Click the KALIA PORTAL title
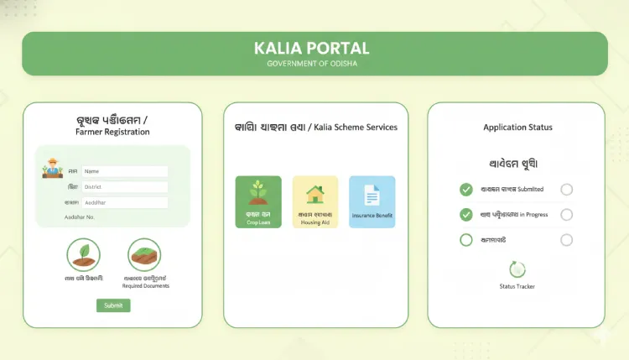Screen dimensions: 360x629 (314, 48)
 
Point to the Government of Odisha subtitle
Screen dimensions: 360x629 (314, 64)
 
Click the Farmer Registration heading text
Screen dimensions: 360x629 (112, 132)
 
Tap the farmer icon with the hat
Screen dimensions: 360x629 (52, 168)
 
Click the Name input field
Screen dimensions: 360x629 (125, 171)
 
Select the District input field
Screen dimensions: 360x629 (125, 187)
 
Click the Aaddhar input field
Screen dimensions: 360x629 (125, 202)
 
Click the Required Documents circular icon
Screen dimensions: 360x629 (144, 254)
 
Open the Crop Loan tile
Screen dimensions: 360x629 (258, 201)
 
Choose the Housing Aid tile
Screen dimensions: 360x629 (314, 201)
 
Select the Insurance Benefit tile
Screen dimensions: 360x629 (372, 201)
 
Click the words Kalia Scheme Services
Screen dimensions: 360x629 (355, 128)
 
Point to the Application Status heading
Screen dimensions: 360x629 (517, 128)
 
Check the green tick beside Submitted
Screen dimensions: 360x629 (466, 190)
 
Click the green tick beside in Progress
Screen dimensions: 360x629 (466, 215)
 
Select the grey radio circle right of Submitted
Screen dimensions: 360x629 (567, 190)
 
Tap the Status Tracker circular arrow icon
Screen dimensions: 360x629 (517, 269)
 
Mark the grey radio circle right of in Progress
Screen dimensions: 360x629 (567, 215)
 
